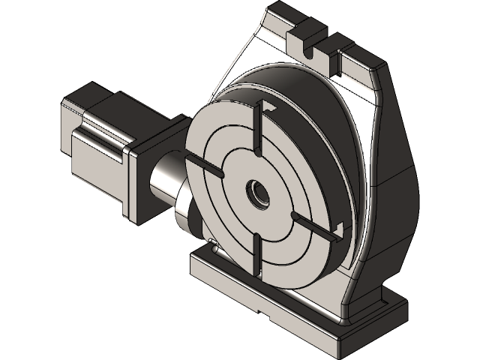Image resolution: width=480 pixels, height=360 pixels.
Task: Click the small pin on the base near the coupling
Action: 212,241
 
